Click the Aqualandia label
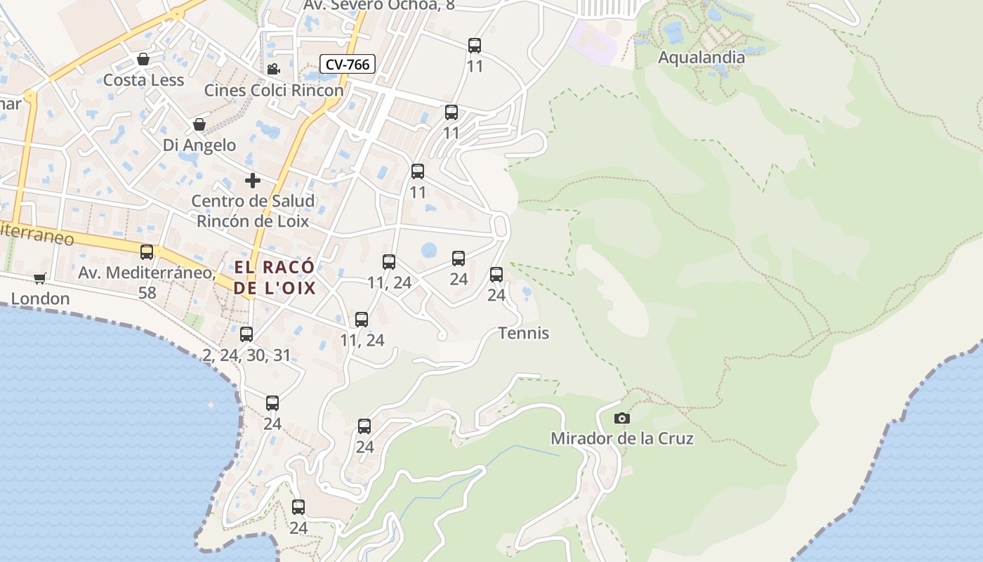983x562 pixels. coord(701,58)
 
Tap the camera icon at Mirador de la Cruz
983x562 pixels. coord(621,418)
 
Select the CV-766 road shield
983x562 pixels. coord(348,65)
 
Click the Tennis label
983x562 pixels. coord(523,333)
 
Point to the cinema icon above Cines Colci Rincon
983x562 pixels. coord(273,69)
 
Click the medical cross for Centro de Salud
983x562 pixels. coord(253,181)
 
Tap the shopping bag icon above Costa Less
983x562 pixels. coord(143,59)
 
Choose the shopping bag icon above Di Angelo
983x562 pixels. coord(199,124)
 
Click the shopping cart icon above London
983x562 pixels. coord(40,278)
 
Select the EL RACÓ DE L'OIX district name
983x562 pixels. coord(275,277)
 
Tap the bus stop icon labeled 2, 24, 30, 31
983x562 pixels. coord(246,334)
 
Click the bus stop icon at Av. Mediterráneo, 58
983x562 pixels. coord(147,252)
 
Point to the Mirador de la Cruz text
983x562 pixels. coord(621,439)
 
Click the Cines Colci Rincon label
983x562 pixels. coord(274,91)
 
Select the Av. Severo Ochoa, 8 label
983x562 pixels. coord(379,6)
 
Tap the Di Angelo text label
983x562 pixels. coord(199,145)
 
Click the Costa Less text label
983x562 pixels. coord(143,80)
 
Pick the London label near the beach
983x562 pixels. coord(40,299)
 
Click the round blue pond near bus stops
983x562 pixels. coord(428,250)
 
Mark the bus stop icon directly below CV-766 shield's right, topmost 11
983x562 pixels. coord(475,46)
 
